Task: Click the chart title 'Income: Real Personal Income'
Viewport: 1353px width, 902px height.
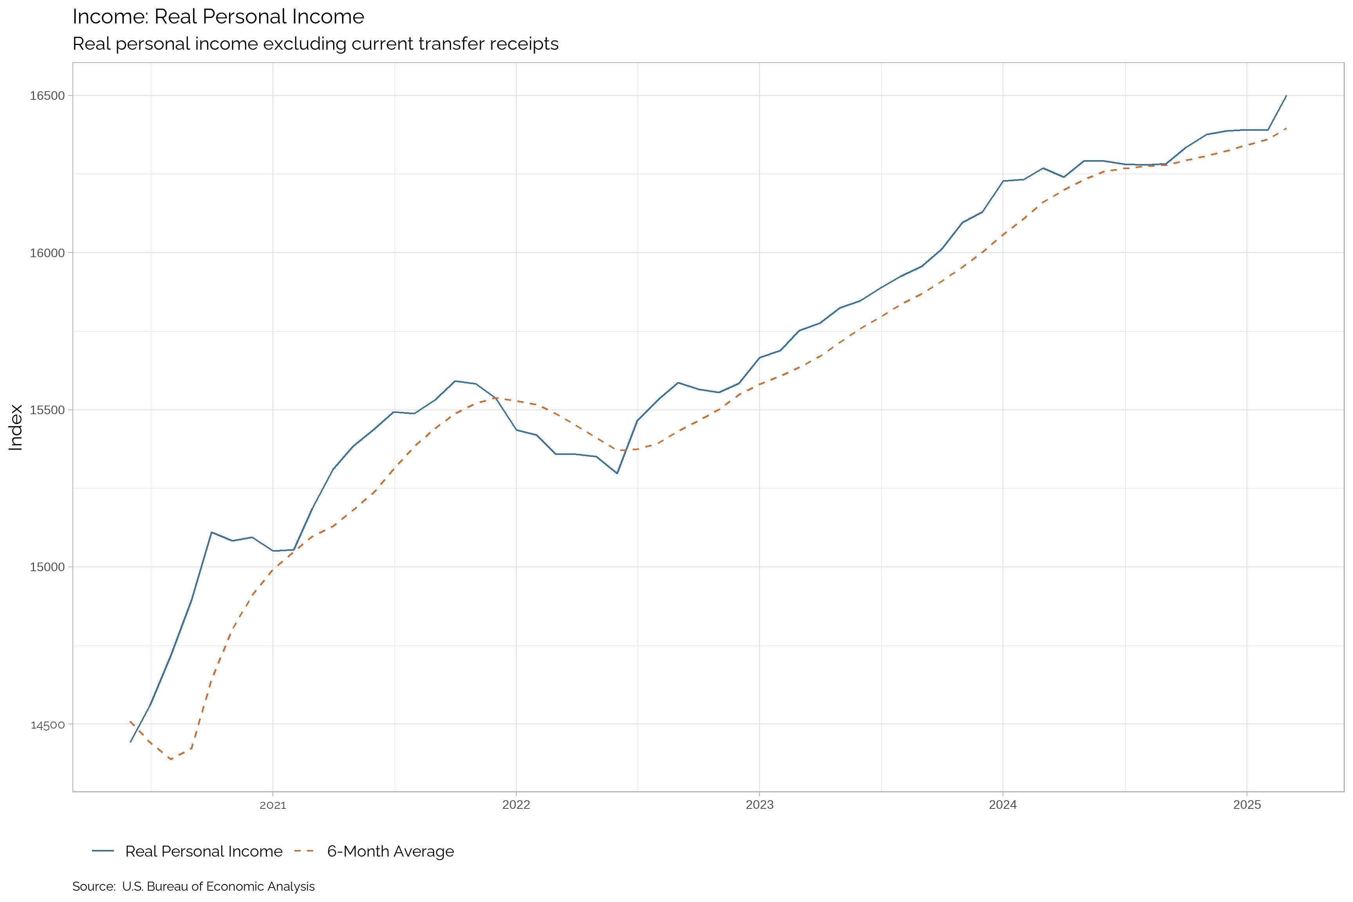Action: (x=218, y=17)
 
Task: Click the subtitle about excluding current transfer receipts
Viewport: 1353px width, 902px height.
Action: (x=315, y=44)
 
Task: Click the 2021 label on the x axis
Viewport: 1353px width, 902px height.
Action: (x=272, y=805)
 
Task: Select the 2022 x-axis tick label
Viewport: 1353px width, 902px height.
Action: (x=516, y=805)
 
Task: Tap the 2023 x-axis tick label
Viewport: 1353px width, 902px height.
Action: (x=759, y=805)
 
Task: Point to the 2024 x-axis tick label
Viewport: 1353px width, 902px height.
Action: (x=1003, y=805)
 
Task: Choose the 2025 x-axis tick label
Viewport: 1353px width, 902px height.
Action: (x=1247, y=805)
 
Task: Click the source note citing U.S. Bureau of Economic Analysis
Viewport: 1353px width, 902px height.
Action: (x=193, y=886)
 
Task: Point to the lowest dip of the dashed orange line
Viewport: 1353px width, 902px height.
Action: (x=171, y=759)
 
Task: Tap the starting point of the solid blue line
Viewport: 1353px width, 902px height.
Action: (x=131, y=742)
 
